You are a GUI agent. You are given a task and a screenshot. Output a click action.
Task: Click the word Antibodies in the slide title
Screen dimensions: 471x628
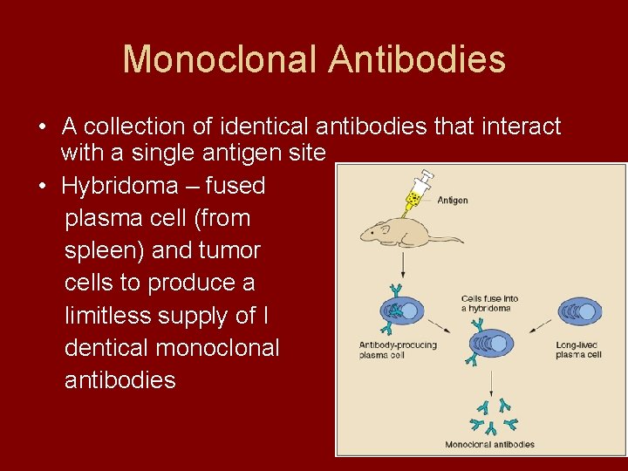(x=417, y=59)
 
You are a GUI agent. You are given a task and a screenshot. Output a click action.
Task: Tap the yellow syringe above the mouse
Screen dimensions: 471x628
(x=417, y=192)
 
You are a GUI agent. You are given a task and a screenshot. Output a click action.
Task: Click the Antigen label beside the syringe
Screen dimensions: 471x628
(x=453, y=201)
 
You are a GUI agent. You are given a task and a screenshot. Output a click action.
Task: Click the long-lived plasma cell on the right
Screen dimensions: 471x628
(x=581, y=311)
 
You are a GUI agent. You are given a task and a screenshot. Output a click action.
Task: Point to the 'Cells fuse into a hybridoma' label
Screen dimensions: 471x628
(x=489, y=304)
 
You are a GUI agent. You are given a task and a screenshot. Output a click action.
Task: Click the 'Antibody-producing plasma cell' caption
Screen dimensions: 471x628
(x=398, y=350)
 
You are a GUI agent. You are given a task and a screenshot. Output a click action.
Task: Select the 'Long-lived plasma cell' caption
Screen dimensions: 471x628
(x=579, y=350)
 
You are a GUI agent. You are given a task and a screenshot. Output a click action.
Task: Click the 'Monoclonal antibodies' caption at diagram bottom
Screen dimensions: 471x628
(x=489, y=444)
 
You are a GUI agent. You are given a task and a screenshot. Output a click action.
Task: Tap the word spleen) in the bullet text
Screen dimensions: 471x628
(x=103, y=250)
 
